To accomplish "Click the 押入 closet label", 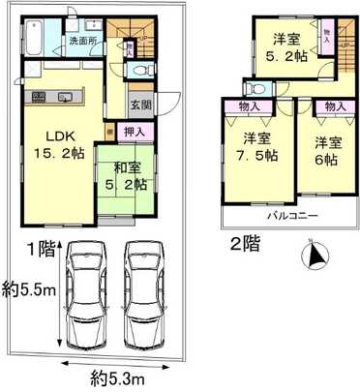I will coord(135,130).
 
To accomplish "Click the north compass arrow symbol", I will coord(314,257).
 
